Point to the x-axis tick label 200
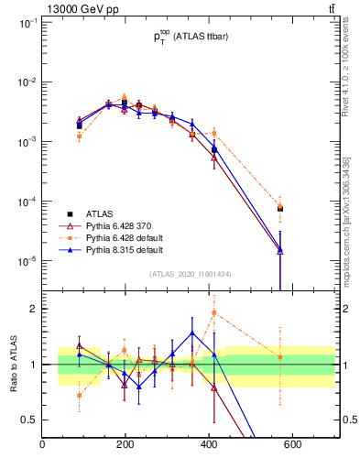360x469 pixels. [125, 446]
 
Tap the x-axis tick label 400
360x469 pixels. [209, 446]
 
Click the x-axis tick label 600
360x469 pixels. [292, 446]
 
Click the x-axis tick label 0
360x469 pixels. [42, 446]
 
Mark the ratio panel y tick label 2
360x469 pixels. [31, 309]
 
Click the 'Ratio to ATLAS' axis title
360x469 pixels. [12, 365]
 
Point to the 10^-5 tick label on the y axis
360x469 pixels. [25, 261]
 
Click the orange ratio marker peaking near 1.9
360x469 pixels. [214, 312]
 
